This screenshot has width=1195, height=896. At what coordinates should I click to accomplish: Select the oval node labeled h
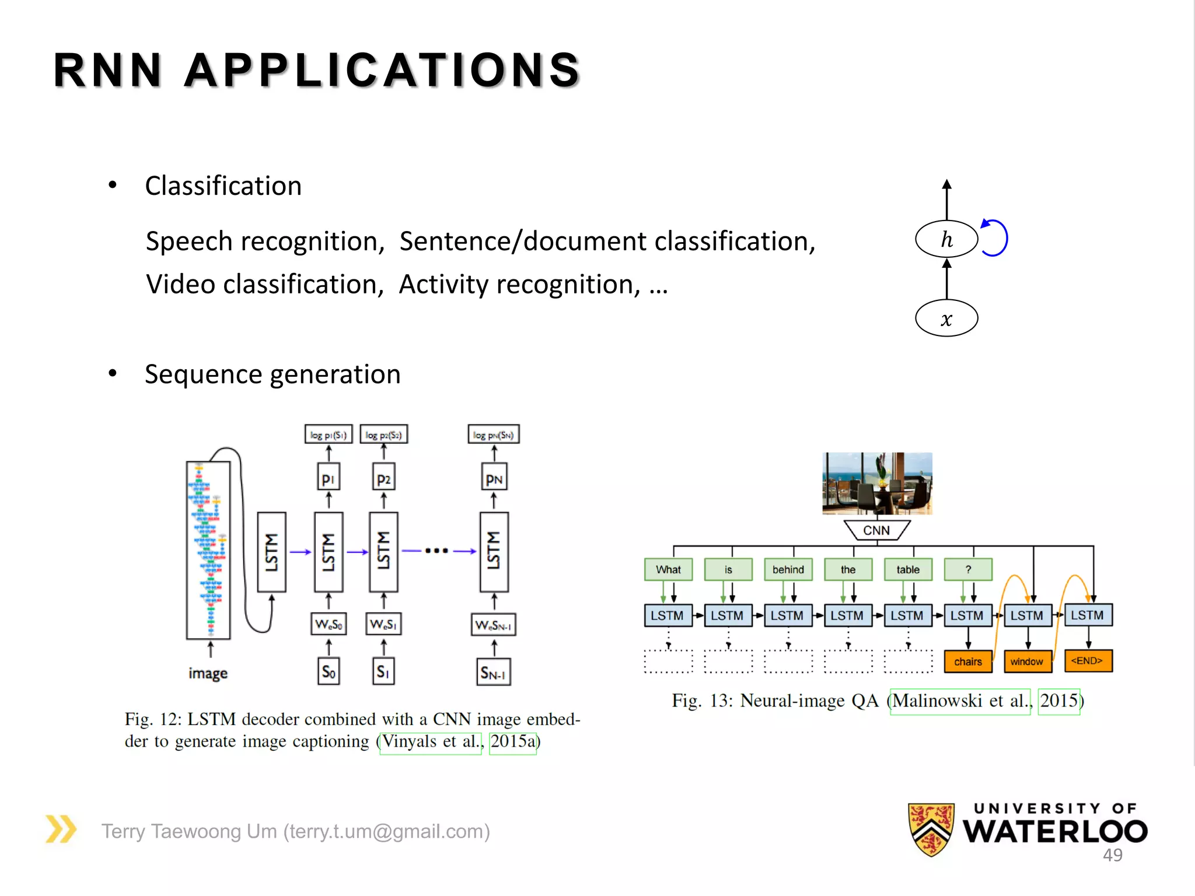[x=946, y=239]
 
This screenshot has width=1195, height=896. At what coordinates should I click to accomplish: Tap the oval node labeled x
[x=946, y=318]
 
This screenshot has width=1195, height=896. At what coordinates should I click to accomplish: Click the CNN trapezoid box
[x=876, y=530]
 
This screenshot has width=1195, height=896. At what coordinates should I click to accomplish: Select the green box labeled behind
[x=788, y=569]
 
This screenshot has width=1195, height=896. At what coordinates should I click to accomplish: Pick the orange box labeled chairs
[x=967, y=661]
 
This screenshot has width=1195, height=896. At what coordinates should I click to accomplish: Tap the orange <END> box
[x=1088, y=661]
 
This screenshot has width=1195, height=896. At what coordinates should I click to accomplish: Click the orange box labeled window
[x=1027, y=661]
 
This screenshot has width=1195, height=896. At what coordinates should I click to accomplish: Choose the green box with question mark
[x=968, y=569]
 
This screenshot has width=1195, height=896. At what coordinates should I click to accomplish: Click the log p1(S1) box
[x=328, y=435]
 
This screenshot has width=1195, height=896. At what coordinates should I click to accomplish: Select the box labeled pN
[x=494, y=478]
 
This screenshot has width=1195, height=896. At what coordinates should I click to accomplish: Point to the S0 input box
[x=329, y=672]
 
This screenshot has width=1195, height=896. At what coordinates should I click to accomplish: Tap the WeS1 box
[x=383, y=624]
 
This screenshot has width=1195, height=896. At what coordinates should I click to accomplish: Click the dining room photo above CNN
[x=877, y=483]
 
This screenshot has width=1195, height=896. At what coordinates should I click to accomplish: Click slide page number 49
[x=1112, y=855]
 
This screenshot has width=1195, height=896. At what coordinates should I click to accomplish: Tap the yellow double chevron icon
[x=61, y=829]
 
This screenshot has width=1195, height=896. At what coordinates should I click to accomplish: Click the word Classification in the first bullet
[x=223, y=186]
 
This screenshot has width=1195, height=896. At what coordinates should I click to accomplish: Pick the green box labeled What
[x=668, y=569]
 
